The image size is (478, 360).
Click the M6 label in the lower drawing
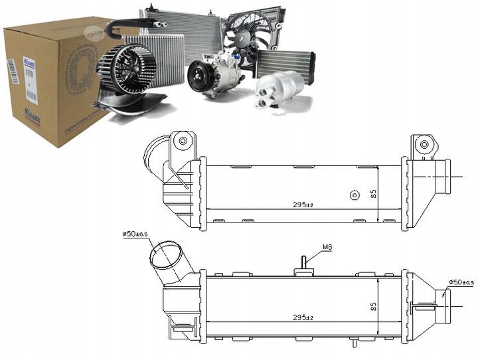pos(327,248)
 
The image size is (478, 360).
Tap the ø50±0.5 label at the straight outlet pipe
pos(462,283)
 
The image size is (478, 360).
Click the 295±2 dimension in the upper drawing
pos(302,205)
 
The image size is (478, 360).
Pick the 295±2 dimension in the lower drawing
pos(302,318)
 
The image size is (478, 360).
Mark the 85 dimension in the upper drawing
pos(373,195)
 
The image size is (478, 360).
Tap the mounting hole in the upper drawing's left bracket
pos(183,141)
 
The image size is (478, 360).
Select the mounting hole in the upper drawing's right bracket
pos(423,143)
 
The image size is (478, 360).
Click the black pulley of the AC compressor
pos(197,76)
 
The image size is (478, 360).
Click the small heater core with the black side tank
pos(288,63)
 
